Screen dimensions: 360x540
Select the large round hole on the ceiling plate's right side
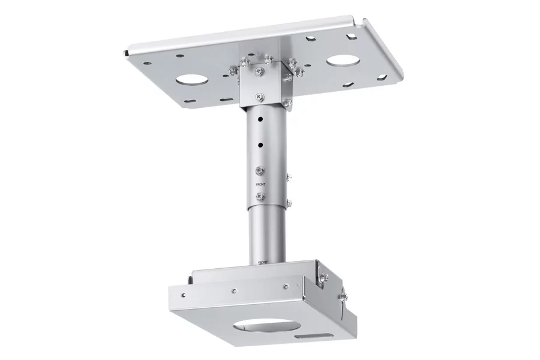(x=341, y=61)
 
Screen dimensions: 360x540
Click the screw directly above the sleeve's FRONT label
(x=260, y=171)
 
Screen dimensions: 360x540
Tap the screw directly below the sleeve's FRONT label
(x=260, y=196)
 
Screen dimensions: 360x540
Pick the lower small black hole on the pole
(x=260, y=144)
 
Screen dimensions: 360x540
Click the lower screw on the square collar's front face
(x=259, y=95)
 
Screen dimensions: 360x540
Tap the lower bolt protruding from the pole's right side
(x=289, y=203)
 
